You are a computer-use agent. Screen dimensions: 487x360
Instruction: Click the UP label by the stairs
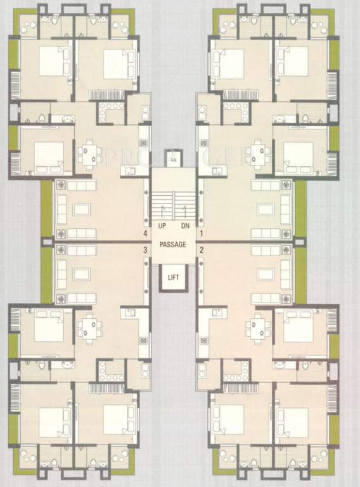pyautogui.click(x=163, y=225)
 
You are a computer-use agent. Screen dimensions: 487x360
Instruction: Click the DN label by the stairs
pyautogui.click(x=185, y=225)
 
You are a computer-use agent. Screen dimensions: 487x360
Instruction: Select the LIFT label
pyautogui.click(x=173, y=277)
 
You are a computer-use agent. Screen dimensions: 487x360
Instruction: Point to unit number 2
pyautogui.click(x=202, y=250)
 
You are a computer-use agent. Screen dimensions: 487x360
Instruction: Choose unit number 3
pyautogui.click(x=145, y=250)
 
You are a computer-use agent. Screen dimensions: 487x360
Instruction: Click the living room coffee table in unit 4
pyautogui.click(x=82, y=209)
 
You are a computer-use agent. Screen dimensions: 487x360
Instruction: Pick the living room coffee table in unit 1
pyautogui.click(x=264, y=209)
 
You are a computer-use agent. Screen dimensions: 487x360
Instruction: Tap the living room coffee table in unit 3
pyautogui.click(x=82, y=274)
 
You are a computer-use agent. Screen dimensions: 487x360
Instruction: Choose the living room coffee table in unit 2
pyautogui.click(x=264, y=274)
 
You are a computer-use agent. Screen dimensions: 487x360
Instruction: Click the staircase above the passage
pyautogui.click(x=174, y=204)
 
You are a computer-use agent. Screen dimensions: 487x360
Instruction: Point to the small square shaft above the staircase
pyautogui.click(x=174, y=158)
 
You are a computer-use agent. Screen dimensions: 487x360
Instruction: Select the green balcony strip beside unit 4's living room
pyautogui.click(x=46, y=209)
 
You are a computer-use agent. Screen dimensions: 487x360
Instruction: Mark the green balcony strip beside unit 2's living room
pyautogui.click(x=300, y=274)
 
